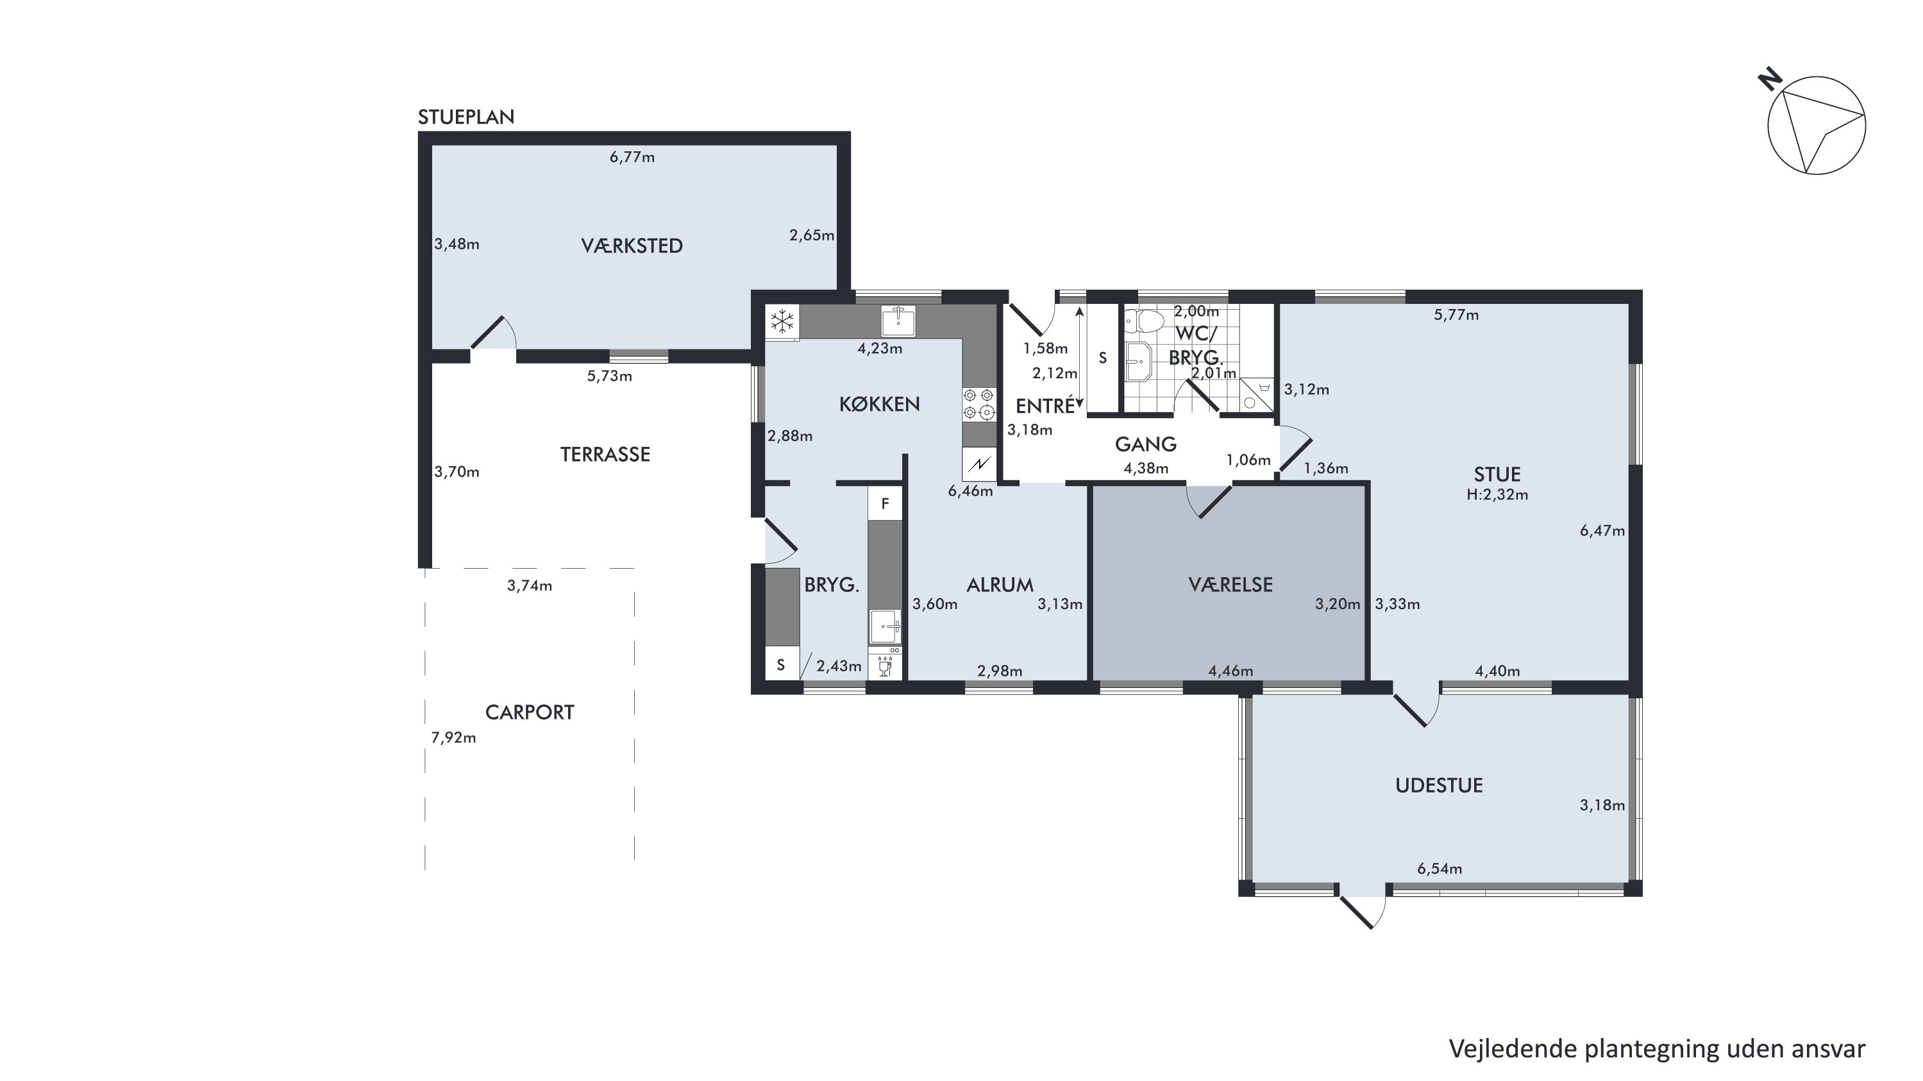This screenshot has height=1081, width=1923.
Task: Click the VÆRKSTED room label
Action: point(632,246)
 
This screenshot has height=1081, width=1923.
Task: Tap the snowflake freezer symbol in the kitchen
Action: point(782,322)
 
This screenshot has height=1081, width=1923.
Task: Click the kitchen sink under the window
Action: point(898,321)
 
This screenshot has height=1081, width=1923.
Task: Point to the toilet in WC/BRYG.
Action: point(1145,322)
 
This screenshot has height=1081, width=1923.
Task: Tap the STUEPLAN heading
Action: point(466,117)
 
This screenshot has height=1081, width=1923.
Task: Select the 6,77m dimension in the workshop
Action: point(632,157)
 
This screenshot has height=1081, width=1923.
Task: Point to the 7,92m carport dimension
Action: point(453,737)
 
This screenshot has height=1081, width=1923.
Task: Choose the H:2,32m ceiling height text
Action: point(1497,494)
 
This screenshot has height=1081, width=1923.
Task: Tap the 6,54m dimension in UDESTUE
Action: point(1440,869)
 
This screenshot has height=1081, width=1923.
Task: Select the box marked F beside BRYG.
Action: point(886,504)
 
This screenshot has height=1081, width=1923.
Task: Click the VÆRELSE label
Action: point(1230,585)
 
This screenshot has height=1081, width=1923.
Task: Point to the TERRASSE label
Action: point(605,455)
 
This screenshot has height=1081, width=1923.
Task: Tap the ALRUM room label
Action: point(1000,585)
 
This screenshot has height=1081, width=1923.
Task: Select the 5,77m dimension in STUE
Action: point(1456,315)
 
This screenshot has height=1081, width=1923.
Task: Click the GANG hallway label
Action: point(1145,445)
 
